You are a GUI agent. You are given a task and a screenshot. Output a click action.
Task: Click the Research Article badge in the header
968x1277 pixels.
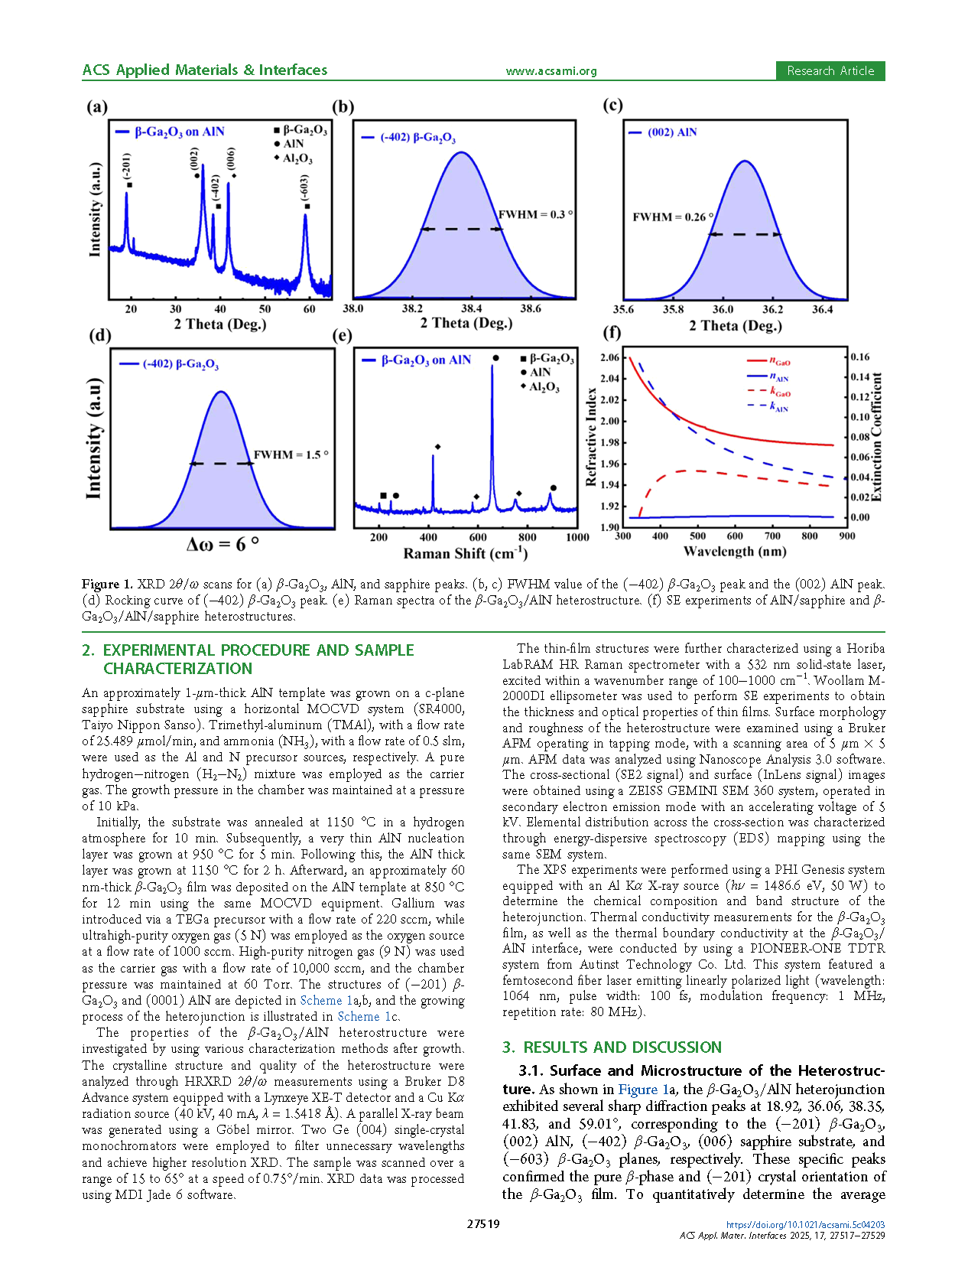[830, 70]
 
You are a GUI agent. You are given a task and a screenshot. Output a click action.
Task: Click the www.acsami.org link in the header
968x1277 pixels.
[551, 71]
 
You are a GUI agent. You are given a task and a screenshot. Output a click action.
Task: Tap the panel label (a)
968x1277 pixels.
[97, 106]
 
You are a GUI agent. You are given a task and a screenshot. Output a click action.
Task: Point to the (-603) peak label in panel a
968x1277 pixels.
[304, 187]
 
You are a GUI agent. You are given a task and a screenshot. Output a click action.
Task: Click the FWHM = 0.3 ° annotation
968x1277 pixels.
[535, 214]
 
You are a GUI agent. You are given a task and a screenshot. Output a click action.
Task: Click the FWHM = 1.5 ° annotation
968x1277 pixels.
[291, 454]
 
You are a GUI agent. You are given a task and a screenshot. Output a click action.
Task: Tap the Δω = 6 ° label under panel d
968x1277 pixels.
[223, 544]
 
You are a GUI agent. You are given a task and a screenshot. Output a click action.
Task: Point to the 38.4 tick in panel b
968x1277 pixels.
[471, 308]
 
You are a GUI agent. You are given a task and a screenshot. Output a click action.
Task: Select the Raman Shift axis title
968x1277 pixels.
[465, 553]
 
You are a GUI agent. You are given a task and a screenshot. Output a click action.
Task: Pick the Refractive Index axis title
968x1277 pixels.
[591, 437]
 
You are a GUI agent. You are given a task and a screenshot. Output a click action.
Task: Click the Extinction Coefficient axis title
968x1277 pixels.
[876, 437]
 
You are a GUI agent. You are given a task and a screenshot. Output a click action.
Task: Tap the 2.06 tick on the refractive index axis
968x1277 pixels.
[609, 357]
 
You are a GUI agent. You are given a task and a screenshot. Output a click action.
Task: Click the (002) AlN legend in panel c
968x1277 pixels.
[671, 132]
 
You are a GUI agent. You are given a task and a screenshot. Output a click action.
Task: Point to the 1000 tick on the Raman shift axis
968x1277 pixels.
[577, 537]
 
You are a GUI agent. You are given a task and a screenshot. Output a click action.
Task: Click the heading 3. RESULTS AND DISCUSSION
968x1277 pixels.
[612, 1047]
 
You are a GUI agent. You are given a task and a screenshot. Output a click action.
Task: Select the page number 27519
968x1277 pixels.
[483, 1223]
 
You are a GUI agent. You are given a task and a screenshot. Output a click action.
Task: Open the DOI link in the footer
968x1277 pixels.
[805, 1224]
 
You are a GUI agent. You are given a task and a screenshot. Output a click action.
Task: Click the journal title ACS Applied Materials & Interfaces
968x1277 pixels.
[205, 70]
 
